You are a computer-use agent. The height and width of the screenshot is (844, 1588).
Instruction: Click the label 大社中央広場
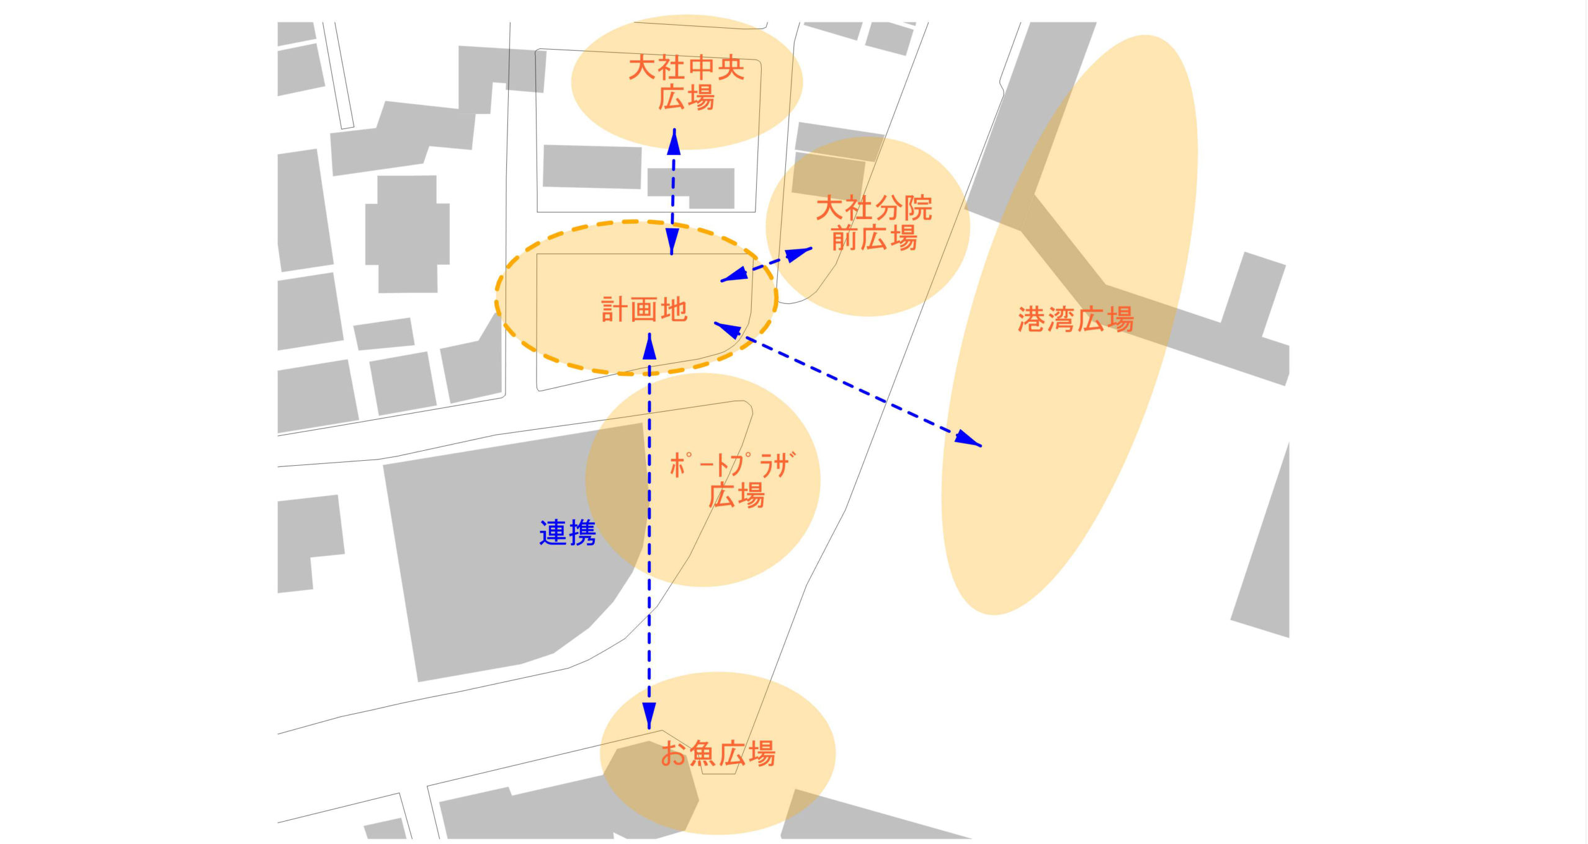click(x=686, y=83)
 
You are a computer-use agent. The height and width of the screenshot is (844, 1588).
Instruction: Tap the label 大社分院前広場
click(x=873, y=223)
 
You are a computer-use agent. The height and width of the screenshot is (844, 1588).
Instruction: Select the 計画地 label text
click(x=645, y=309)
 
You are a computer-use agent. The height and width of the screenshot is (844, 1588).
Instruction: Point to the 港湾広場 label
click(x=1076, y=320)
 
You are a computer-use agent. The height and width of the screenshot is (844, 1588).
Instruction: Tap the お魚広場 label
click(x=718, y=754)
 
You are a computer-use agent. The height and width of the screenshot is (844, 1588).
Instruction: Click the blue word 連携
click(x=568, y=533)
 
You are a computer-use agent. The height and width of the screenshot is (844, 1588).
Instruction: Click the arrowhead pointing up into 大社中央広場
click(x=674, y=141)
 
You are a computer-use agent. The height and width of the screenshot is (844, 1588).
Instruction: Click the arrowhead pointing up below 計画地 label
click(x=649, y=346)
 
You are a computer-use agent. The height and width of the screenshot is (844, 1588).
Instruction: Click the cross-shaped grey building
click(x=408, y=234)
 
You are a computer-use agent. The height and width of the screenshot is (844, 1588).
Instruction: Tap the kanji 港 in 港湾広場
click(x=1031, y=320)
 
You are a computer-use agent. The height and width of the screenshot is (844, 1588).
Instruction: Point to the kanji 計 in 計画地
click(x=614, y=309)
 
